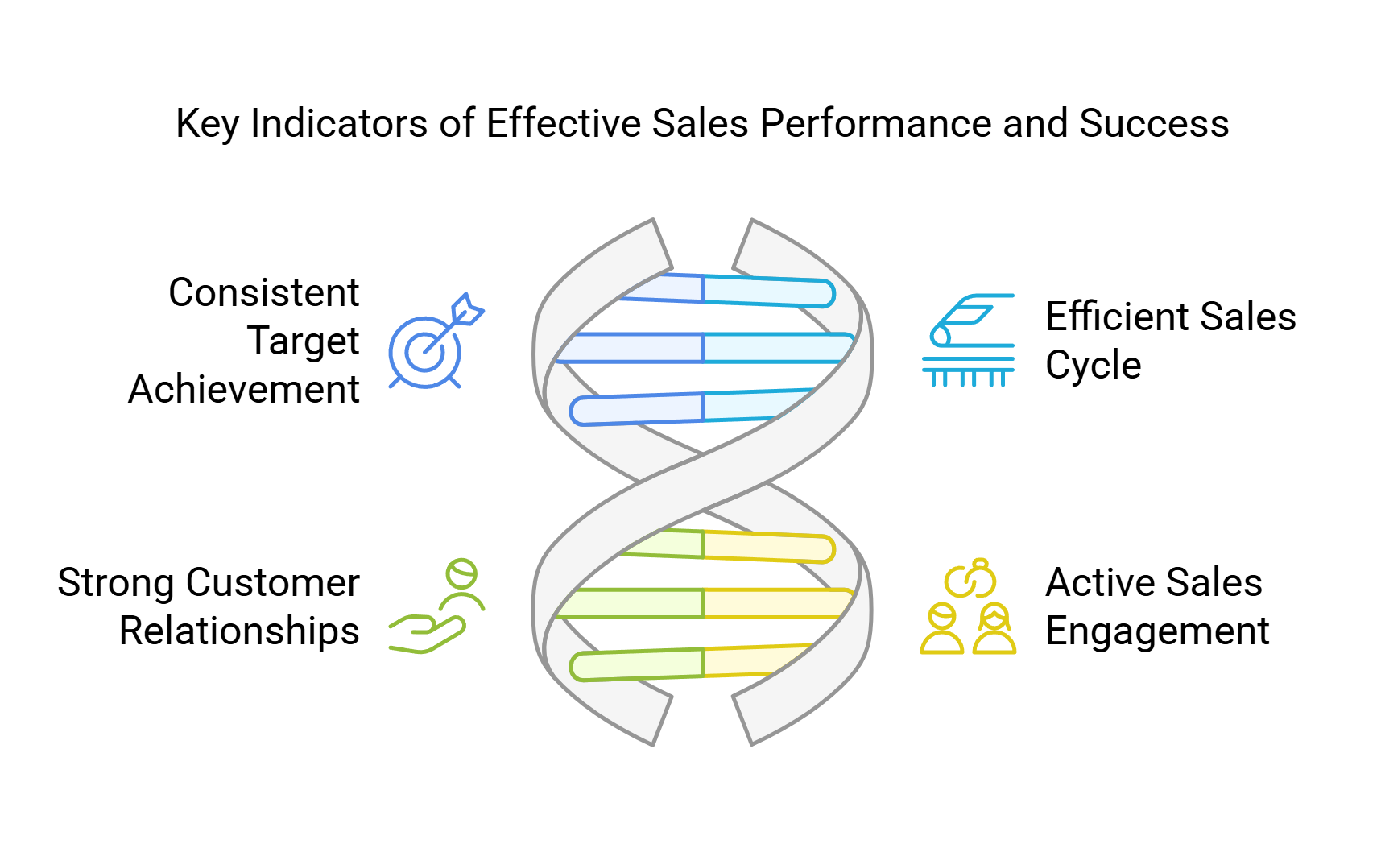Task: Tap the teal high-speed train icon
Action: pos(968,341)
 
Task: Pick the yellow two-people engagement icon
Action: pos(968,606)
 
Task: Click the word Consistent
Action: pos(263,292)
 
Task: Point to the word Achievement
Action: pos(244,389)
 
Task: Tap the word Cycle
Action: pos(1093,365)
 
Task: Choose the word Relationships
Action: pos(239,631)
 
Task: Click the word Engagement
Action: pos(1157,631)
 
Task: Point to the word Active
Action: pos(1098,582)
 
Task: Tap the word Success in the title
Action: pos(1154,123)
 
